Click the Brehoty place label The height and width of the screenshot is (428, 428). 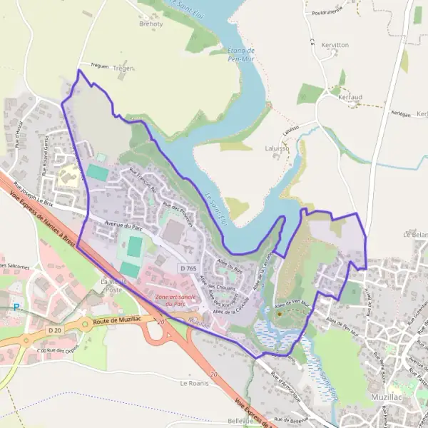coord(151,24)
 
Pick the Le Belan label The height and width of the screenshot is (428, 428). coord(415,233)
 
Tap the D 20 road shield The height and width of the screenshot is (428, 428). coord(56,330)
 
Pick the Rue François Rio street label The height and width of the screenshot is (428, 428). coord(142,180)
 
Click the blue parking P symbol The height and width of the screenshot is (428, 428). coord(16,307)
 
